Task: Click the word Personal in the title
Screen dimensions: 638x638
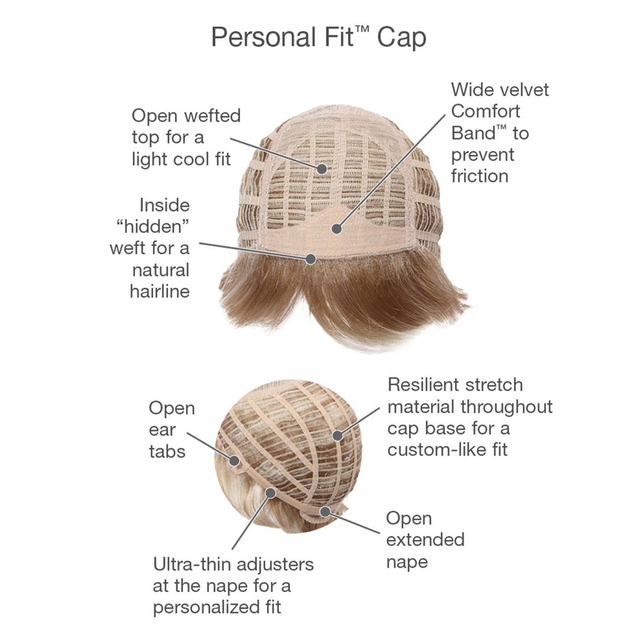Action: [x=264, y=37]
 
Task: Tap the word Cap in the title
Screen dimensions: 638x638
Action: [x=401, y=39]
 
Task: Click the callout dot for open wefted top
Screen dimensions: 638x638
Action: [x=322, y=169]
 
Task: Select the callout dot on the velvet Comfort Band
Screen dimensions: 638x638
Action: [x=337, y=229]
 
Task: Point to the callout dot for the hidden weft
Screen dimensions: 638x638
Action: [x=310, y=259]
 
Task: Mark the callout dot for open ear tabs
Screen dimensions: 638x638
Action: [x=234, y=460]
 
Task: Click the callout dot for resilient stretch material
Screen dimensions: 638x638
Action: [x=338, y=435]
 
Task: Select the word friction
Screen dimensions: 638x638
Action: [x=480, y=176]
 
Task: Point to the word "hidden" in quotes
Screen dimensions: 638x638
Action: [x=153, y=227]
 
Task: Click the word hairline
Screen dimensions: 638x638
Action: [x=160, y=291]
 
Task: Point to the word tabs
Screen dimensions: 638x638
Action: [x=167, y=451]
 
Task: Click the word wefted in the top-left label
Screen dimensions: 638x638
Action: [x=213, y=116]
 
